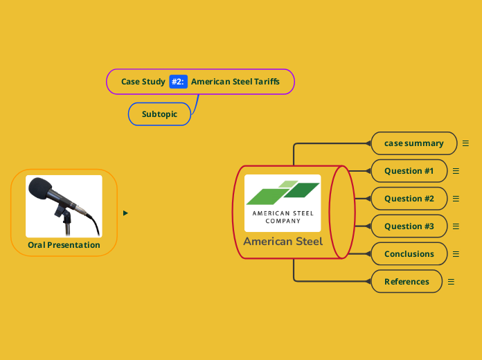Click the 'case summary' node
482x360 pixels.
pos(414,143)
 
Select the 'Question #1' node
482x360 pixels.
pos(409,171)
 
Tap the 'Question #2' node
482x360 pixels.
pos(409,199)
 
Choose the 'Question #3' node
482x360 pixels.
pos(409,226)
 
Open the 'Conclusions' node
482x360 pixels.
pos(409,254)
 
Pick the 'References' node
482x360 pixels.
pos(407,282)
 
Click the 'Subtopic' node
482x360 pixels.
pos(159,114)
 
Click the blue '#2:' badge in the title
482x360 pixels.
pos(178,82)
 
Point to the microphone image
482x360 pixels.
pos(64,206)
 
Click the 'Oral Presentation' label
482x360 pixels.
pos(64,245)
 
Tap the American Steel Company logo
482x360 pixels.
pos(283,203)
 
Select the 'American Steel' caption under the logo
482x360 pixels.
pos(283,242)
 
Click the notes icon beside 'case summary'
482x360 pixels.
pos(465,143)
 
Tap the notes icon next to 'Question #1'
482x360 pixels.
pos(456,171)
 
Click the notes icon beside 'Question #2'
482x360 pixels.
pos(456,199)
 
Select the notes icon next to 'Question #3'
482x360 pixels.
pos(456,226)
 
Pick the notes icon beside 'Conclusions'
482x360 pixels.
pos(456,254)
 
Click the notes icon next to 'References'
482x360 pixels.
pos(451,282)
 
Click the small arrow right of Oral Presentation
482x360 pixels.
pos(125,213)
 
